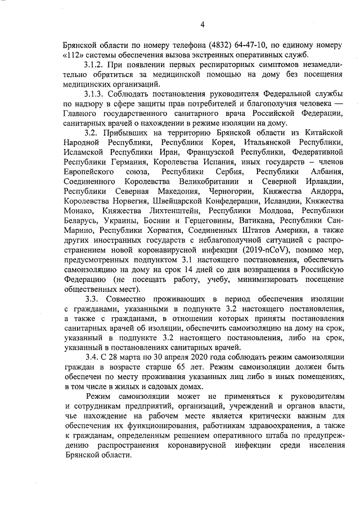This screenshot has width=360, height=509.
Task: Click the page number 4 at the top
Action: (202, 24)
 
